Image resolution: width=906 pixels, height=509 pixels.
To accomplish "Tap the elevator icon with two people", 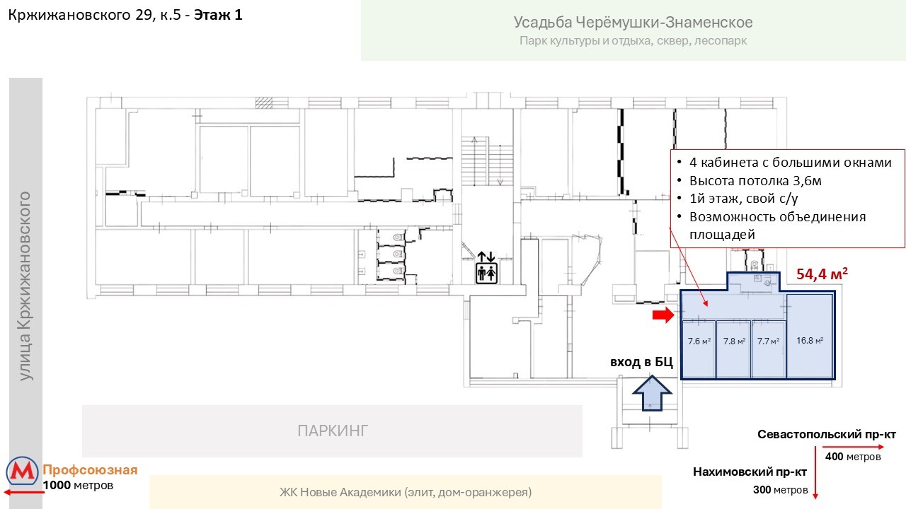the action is click(x=487, y=267).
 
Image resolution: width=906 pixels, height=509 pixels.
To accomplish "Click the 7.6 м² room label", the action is click(x=699, y=341).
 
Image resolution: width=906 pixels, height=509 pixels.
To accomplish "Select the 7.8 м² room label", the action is click(x=734, y=341).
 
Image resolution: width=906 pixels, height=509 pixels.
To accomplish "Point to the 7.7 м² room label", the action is click(x=768, y=341).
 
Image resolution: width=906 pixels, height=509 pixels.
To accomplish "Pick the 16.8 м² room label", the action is click(x=810, y=341).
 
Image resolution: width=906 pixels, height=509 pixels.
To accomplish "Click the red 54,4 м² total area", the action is click(x=822, y=274).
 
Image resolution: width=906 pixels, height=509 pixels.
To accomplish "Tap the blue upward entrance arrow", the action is click(x=651, y=392).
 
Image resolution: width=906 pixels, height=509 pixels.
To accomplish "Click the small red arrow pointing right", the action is click(x=663, y=315).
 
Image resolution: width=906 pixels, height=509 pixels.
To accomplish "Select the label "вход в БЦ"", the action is click(x=641, y=363).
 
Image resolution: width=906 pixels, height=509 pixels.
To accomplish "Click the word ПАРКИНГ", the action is click(x=333, y=431).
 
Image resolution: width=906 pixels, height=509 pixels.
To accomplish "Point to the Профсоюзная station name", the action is click(x=90, y=471).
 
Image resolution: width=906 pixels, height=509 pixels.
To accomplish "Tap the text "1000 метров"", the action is click(x=78, y=486).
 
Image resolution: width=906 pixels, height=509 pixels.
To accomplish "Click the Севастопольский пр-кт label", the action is click(x=827, y=434).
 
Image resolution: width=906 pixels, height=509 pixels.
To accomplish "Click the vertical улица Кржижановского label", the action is click(x=26, y=286).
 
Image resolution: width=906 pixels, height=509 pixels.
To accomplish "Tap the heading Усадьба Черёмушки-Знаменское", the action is click(x=633, y=23).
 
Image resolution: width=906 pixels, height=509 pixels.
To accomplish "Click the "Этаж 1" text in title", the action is click(x=218, y=14).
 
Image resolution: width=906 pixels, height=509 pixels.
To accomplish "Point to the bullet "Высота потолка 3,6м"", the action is click(x=755, y=180).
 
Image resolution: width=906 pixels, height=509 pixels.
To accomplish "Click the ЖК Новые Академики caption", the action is click(x=406, y=492).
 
